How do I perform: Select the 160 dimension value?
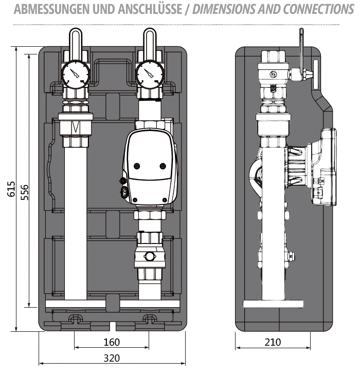(112, 343)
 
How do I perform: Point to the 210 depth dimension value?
(273, 342)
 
